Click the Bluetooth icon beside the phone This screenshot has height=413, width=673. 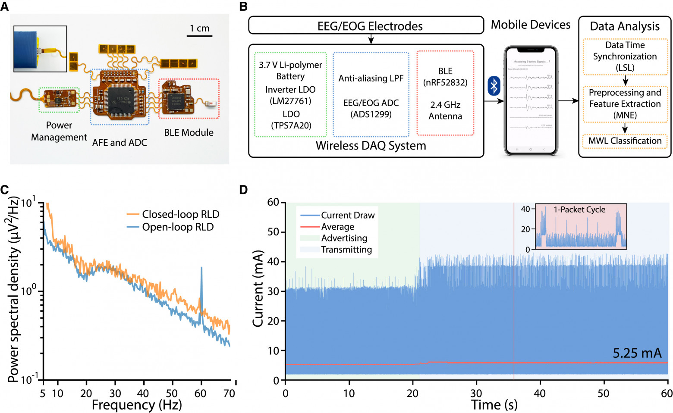coord(494,86)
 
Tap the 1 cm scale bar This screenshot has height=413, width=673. coord(199,35)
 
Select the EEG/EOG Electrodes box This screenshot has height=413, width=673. coord(366,25)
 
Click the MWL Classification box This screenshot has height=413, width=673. coord(625,141)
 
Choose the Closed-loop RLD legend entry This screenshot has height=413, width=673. coord(180,214)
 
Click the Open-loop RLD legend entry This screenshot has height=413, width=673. coord(178,227)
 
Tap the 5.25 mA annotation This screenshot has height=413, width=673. coord(637,354)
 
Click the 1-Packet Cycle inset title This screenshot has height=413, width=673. coord(579,210)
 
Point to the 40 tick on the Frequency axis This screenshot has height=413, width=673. coord(143,393)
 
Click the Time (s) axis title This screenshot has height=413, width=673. coord(494,405)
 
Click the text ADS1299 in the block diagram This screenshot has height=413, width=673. coord(371,114)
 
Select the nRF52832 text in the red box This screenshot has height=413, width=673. coord(445,82)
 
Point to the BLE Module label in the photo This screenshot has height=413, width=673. coord(189,133)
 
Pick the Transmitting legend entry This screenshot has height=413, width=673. coord(346,250)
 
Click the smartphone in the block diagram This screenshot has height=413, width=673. coord(531,101)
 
